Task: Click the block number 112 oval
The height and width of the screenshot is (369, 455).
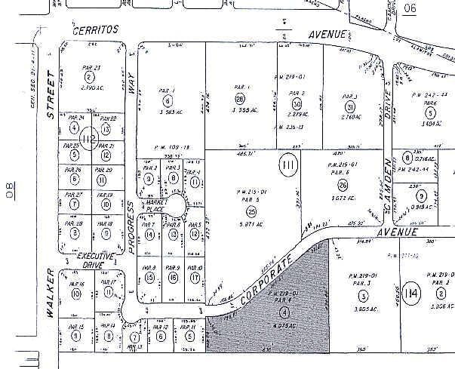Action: [90, 140]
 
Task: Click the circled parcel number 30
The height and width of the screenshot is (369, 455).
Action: [297, 104]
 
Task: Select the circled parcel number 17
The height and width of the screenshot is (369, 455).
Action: [195, 278]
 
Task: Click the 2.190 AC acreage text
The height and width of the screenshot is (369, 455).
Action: [91, 90]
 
